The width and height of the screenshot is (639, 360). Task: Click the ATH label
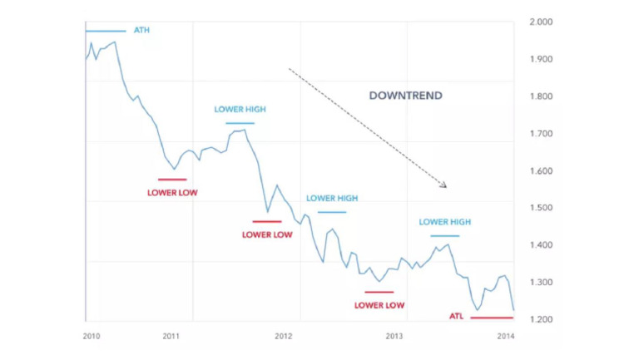point(142,31)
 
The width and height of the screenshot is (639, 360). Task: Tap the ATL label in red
point(456,317)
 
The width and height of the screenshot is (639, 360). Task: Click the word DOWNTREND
point(405,96)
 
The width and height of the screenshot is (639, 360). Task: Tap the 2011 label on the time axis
point(171,336)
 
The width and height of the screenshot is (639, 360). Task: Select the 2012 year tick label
point(283,336)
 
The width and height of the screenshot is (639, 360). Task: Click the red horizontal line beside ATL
point(493,318)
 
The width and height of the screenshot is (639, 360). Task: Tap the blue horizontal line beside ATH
point(106,31)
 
